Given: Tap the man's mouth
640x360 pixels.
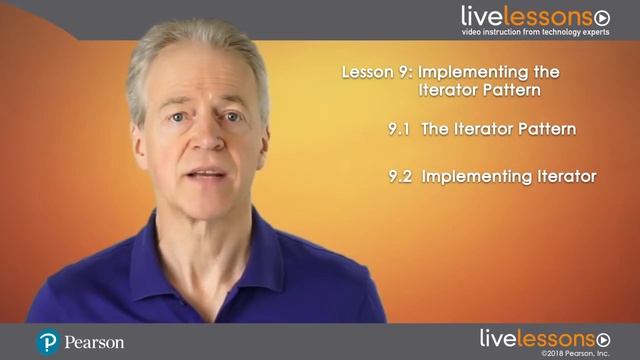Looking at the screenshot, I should coord(207,175).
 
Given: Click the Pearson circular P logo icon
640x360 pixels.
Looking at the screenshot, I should coord(47,342).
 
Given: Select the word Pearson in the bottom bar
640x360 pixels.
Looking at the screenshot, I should coord(94,342).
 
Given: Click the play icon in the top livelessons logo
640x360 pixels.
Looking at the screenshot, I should coord(602,17).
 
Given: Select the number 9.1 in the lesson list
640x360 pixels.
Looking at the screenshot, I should coord(403,128).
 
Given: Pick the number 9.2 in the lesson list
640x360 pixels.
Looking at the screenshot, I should coord(402,176).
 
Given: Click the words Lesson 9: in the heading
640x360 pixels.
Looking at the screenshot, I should coord(375,72).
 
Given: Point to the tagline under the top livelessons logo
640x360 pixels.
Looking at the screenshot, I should coord(535,32).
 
